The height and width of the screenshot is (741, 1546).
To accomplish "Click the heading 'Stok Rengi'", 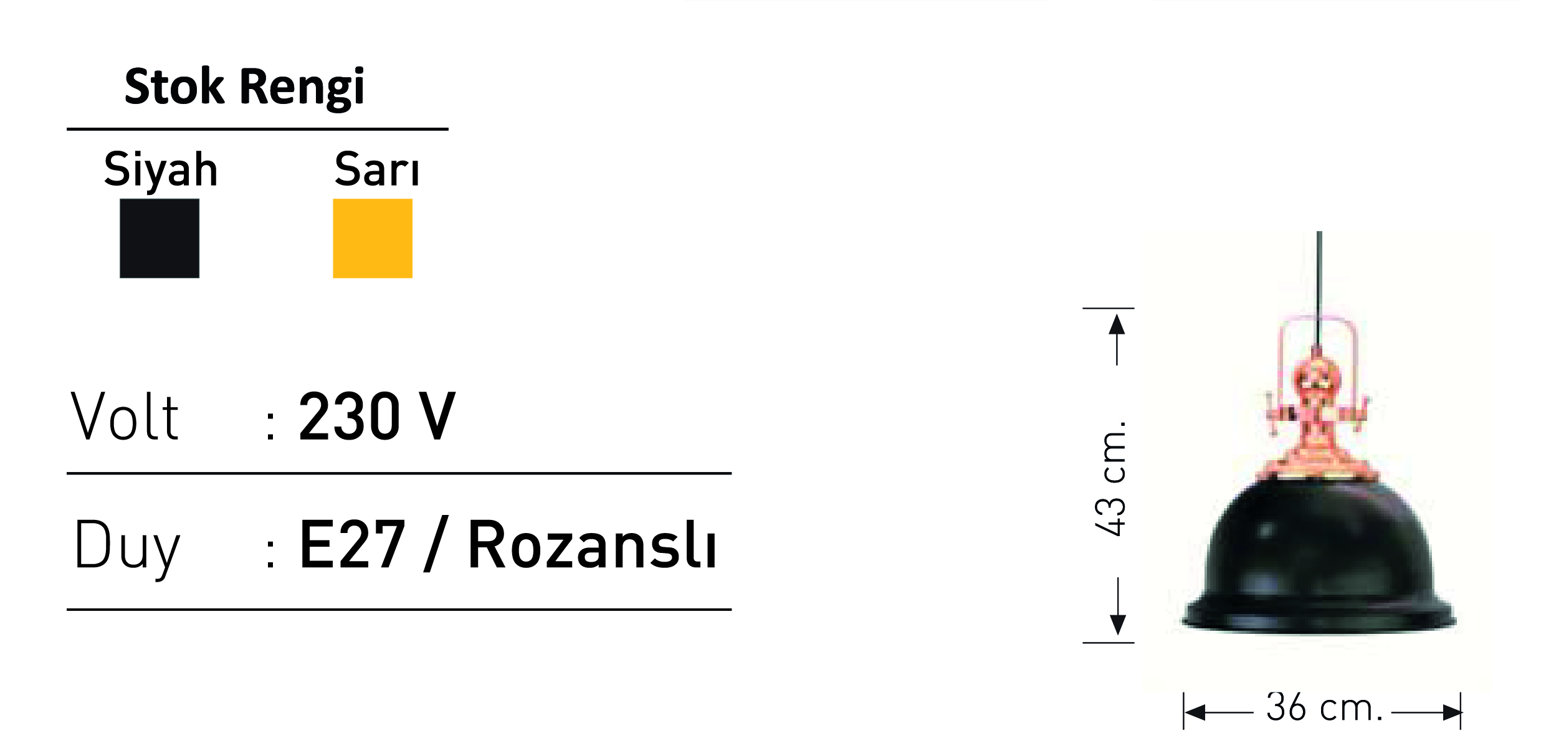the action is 244,87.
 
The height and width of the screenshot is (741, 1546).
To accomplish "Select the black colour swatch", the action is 160,238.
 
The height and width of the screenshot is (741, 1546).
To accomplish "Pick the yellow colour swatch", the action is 373,238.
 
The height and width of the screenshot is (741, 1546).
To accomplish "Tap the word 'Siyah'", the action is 161,169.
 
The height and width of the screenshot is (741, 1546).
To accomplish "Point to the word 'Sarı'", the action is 377,169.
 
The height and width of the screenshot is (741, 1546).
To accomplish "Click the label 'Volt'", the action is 125,417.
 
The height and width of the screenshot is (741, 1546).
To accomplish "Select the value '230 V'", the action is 377,417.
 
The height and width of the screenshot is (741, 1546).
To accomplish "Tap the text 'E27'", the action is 353,545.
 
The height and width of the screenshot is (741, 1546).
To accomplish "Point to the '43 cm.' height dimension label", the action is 1110,478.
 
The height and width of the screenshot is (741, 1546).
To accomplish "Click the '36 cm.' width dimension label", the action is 1324,708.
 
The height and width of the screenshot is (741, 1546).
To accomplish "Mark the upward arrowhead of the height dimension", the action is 1117,324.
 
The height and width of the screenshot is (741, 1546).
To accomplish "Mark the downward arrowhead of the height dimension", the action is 1118,625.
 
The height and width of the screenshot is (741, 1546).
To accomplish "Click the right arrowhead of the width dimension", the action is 1451,712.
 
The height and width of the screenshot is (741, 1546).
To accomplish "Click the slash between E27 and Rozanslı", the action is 436,544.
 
